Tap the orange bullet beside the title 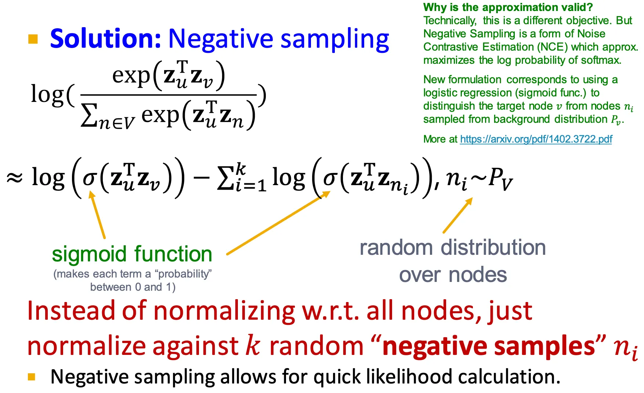tap(33, 39)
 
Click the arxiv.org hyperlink tap(536, 139)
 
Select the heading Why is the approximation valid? tap(508, 7)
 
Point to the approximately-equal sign tap(15, 178)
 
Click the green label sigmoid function tap(132, 254)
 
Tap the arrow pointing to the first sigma tap(97, 216)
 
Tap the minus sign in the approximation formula tap(201, 178)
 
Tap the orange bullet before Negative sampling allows tap(32, 377)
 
